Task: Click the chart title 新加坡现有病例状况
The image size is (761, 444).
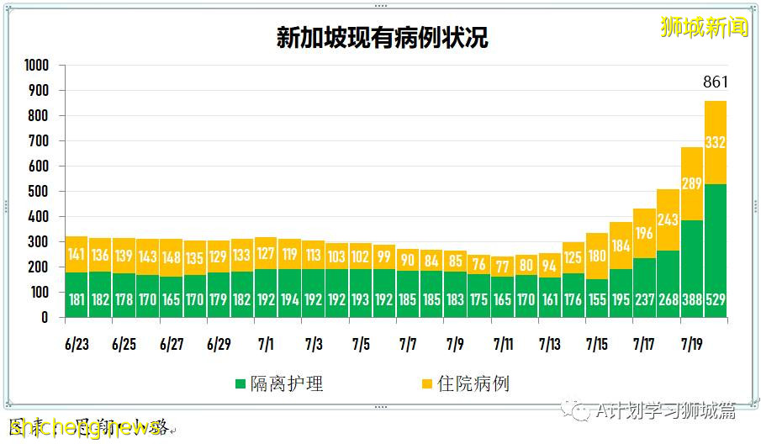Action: [x=382, y=38]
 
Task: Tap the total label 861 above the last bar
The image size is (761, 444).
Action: [x=715, y=82]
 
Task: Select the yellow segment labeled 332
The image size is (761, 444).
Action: [x=715, y=143]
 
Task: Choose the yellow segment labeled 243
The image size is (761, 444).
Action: [x=668, y=219]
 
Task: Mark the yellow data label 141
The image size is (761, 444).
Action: [x=77, y=255]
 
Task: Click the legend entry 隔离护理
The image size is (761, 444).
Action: [x=279, y=384]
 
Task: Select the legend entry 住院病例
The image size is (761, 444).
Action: [x=464, y=384]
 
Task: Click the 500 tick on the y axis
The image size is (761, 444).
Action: [x=40, y=192]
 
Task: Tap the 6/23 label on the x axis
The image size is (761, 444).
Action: [x=77, y=345]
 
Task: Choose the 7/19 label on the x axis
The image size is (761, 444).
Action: [x=691, y=345]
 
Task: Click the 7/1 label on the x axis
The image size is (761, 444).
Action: [x=266, y=345]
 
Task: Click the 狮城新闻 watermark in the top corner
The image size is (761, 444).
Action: [x=704, y=28]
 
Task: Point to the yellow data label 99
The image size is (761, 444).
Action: [x=383, y=257]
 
